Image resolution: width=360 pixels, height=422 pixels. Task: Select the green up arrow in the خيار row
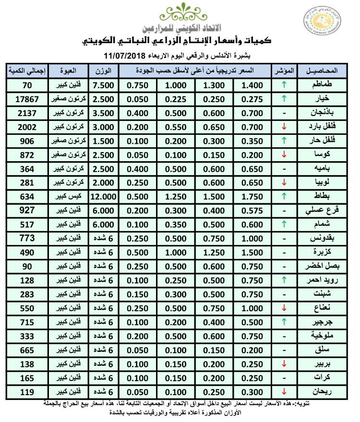[x=283, y=99]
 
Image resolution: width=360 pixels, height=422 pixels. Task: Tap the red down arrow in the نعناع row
[x=283, y=307]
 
